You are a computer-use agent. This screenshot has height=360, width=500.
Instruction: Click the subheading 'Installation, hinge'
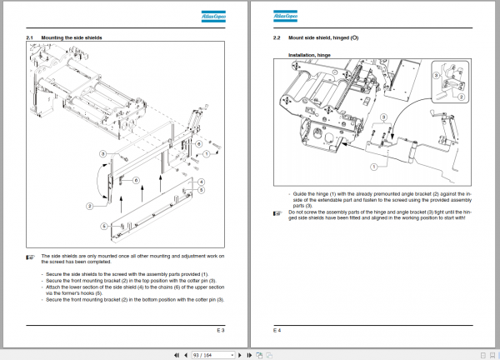(x=310, y=55)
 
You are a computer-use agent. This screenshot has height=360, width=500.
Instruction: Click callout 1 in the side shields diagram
(x=206, y=154)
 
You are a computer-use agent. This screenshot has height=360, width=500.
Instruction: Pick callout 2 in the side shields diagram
(x=89, y=205)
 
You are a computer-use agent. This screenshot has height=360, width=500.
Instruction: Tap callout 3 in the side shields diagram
(x=102, y=153)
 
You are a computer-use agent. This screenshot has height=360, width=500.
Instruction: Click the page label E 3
(x=221, y=331)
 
